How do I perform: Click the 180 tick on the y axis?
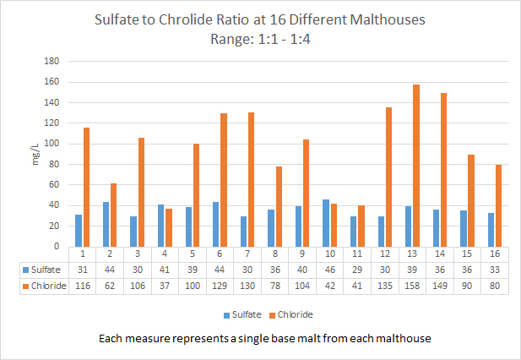[x=50, y=62]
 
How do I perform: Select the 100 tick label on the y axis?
[x=50, y=144]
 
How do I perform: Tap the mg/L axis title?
[x=35, y=154]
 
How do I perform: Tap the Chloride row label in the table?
[x=42, y=285]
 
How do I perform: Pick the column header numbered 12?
[x=385, y=254]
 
